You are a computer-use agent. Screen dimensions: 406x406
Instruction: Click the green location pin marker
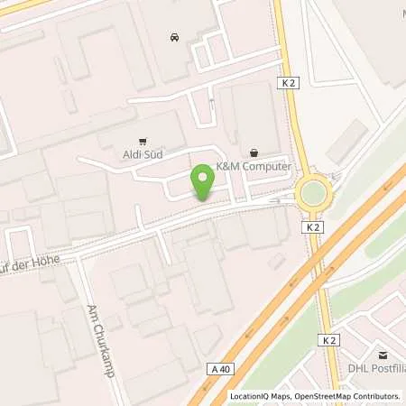(202, 182)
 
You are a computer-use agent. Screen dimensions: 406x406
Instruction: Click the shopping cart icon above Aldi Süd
(143, 141)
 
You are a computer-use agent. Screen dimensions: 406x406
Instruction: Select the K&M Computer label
(254, 167)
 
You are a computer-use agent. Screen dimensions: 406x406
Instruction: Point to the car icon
(173, 37)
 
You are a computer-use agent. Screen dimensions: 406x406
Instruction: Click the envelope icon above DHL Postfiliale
(382, 355)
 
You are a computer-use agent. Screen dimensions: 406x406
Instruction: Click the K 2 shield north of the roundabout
(288, 83)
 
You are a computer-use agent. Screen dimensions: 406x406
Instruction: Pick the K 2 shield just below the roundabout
(313, 228)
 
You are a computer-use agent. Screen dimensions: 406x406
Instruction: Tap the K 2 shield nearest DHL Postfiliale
(330, 340)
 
